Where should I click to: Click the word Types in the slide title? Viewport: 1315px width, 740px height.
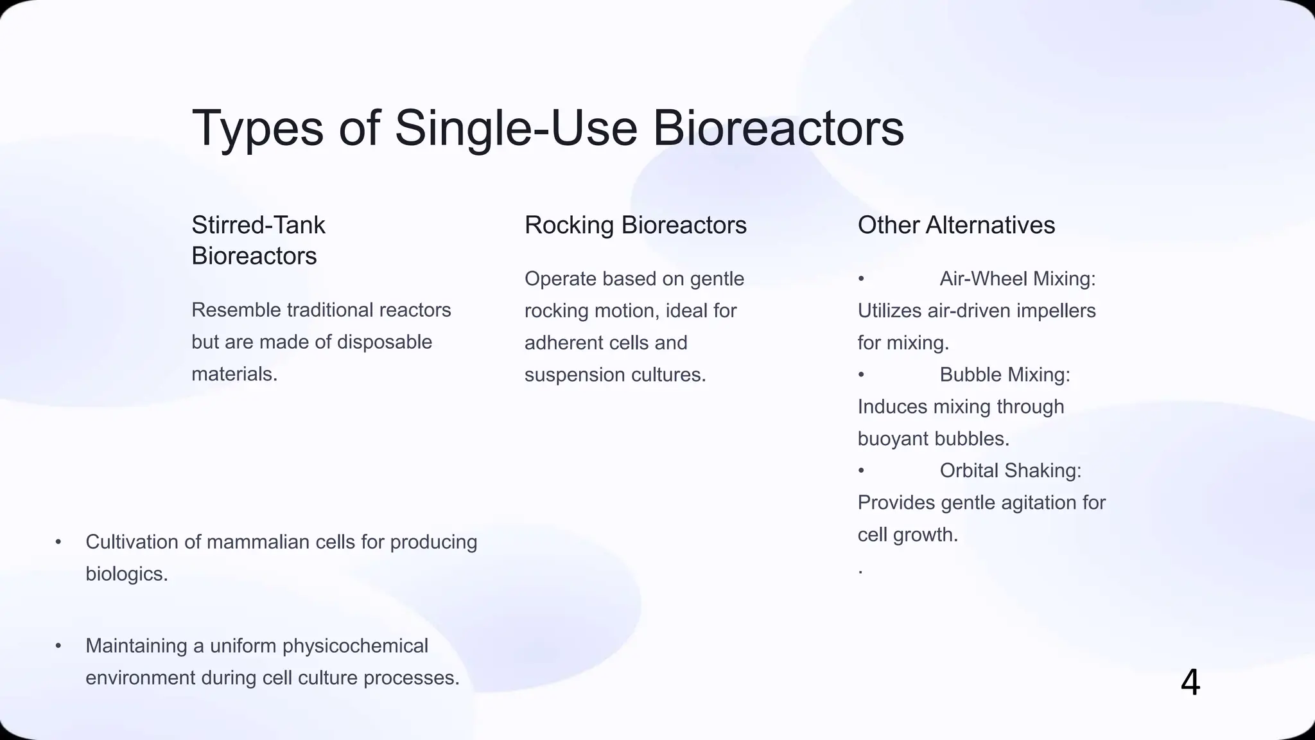(x=257, y=128)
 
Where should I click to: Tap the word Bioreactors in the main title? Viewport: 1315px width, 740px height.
(x=778, y=128)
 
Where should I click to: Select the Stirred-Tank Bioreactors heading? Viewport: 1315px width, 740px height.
(x=258, y=240)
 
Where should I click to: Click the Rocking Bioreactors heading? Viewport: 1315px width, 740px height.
(x=635, y=225)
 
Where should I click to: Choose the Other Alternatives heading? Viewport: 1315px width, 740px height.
(x=956, y=225)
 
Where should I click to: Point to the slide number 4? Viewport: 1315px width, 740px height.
(x=1190, y=682)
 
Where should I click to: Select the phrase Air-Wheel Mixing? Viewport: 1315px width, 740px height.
(x=1017, y=279)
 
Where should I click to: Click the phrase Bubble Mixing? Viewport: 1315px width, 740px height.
(x=1004, y=374)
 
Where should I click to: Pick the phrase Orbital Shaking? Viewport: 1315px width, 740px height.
(x=1010, y=470)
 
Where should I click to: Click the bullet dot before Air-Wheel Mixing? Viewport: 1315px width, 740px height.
(x=861, y=279)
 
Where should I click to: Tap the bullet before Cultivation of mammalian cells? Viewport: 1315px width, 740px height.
(x=58, y=542)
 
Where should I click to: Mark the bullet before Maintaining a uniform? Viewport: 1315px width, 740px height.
(x=58, y=646)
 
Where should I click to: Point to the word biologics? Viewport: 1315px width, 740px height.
(x=126, y=574)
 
